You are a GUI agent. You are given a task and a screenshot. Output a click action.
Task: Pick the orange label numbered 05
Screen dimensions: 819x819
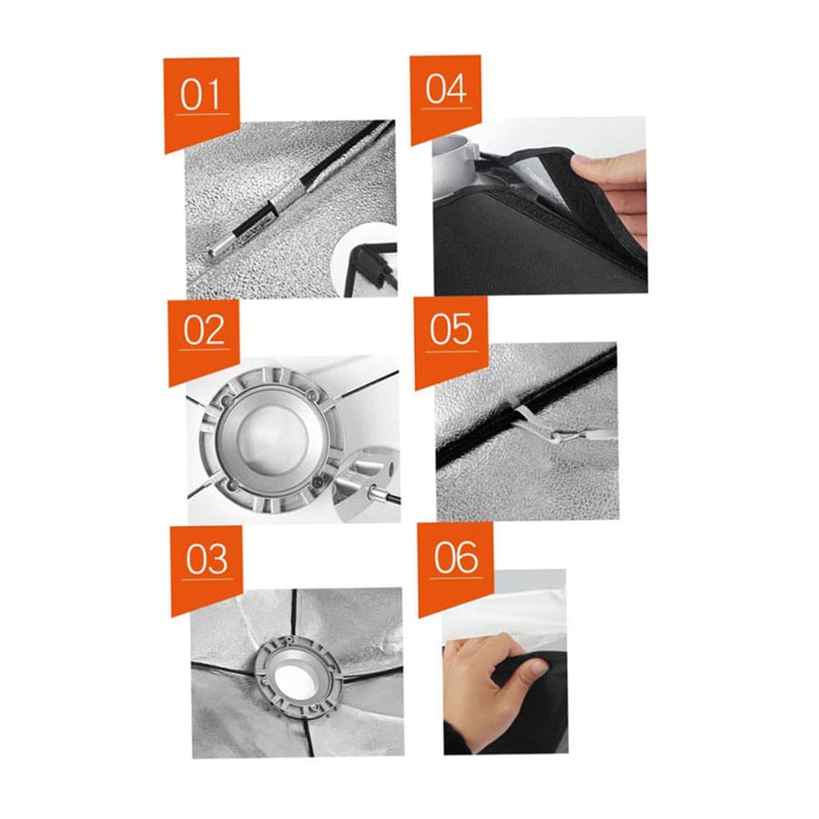[451, 339]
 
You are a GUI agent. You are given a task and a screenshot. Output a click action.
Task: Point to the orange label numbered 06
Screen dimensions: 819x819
[456, 567]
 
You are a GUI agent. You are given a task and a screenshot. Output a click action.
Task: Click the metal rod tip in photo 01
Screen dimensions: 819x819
[214, 254]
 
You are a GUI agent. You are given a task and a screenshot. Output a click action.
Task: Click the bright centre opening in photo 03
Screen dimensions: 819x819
[297, 680]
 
